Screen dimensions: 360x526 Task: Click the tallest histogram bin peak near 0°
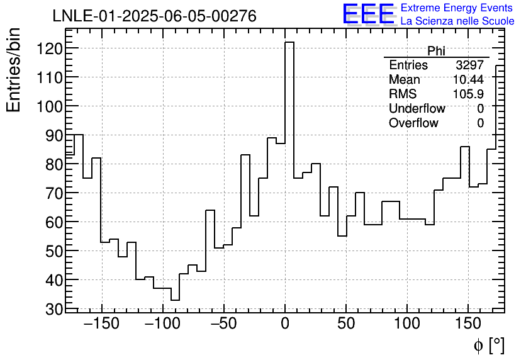[289, 43]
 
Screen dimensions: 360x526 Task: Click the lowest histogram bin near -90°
[175, 300]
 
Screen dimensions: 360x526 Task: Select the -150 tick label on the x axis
[101, 325]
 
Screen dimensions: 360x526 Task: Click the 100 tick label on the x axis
[407, 325]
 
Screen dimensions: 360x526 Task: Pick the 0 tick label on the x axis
[285, 325]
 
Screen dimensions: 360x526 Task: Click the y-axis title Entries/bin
[14, 70]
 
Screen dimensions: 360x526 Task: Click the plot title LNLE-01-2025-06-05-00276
[154, 16]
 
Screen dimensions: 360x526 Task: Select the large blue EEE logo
[368, 14]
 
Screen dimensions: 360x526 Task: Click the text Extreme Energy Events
[457, 8]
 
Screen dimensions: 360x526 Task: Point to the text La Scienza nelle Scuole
[457, 21]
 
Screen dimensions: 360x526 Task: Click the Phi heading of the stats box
[436, 51]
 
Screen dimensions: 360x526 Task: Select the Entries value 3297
[470, 65]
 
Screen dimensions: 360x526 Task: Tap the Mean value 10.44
[468, 80]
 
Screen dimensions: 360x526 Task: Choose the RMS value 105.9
[468, 94]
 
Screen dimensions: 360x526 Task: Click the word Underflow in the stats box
[417, 109]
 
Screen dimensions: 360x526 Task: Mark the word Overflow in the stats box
[413, 123]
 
